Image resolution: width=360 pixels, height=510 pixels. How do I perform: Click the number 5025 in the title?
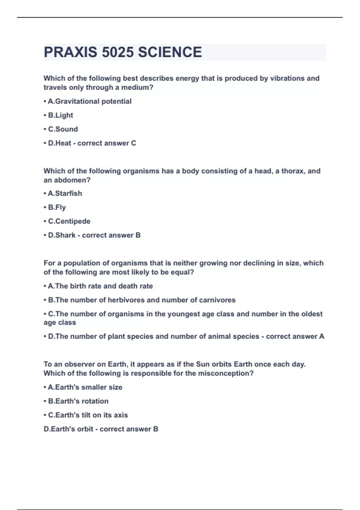(x=118, y=52)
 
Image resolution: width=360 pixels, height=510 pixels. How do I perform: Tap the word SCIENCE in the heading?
(x=170, y=52)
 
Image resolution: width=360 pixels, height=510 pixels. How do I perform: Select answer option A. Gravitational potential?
(x=89, y=101)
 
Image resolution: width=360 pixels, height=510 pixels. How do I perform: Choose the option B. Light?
(x=60, y=115)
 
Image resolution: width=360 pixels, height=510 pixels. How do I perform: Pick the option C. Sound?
(x=63, y=129)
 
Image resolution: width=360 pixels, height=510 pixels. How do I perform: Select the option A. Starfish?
(x=65, y=193)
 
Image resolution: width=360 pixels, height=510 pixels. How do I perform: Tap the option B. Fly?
(x=57, y=207)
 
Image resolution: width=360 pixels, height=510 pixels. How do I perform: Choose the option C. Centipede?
(x=69, y=221)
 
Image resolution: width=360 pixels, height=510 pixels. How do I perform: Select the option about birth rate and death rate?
(x=100, y=286)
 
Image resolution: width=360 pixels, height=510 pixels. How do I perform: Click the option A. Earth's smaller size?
(x=85, y=387)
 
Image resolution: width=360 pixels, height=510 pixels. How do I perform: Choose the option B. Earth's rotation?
(x=78, y=401)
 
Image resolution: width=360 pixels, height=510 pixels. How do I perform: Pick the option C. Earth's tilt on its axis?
(x=88, y=415)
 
